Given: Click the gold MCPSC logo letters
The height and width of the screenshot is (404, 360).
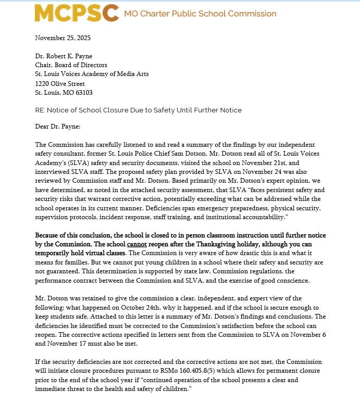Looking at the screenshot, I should click(76, 14).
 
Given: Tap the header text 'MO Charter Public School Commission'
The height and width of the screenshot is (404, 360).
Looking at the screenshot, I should click(200, 14).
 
